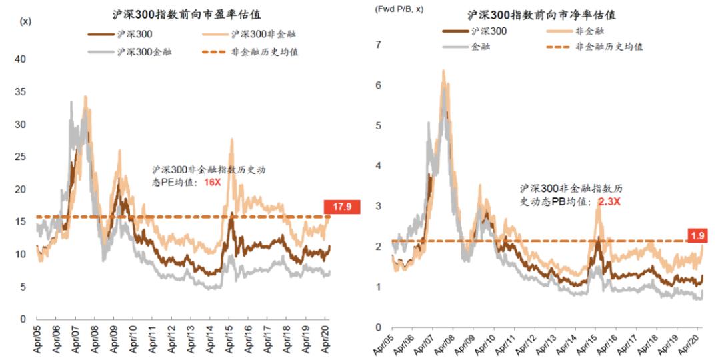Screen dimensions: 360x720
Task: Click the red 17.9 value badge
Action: click(x=341, y=207)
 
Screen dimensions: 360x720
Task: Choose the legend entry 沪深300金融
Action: click(x=143, y=51)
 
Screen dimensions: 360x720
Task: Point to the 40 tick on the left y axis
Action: click(x=21, y=59)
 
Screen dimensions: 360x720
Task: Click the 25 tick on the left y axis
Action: click(x=21, y=157)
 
